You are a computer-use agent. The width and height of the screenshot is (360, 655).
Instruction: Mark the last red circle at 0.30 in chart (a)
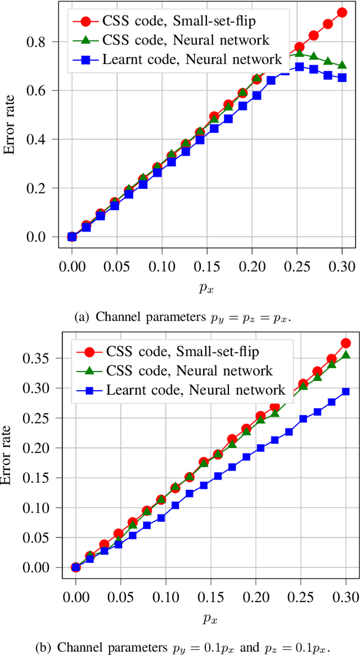point(342,12)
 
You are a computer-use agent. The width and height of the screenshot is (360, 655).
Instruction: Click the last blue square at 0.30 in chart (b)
point(346,391)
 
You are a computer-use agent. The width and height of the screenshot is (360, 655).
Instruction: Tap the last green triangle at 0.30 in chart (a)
point(342,65)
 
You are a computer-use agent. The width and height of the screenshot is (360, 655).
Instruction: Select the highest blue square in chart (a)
point(299,67)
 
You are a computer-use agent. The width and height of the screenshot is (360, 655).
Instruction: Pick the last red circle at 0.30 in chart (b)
point(346,343)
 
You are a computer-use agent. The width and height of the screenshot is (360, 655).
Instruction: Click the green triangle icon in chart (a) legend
point(85,40)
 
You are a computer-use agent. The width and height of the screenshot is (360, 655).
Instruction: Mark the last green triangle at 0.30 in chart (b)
point(346,355)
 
